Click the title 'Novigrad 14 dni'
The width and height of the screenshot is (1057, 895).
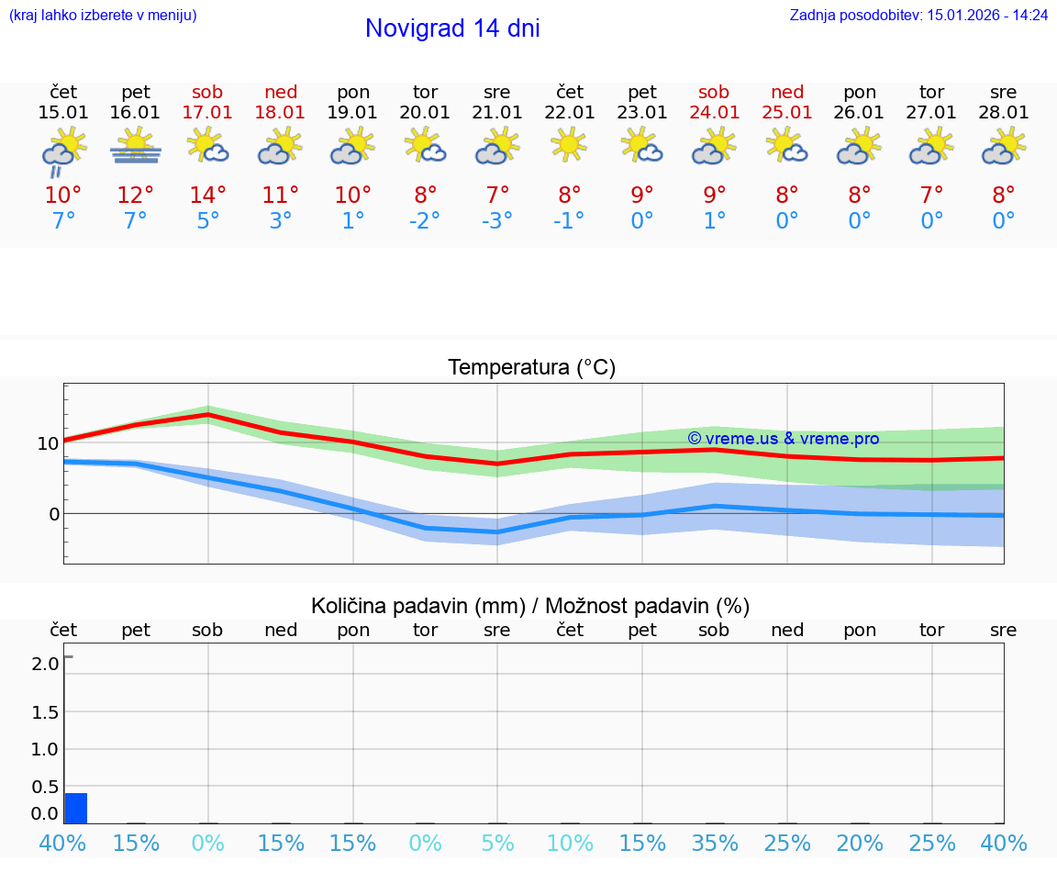(x=452, y=28)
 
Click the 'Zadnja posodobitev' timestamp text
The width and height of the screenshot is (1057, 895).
(x=918, y=16)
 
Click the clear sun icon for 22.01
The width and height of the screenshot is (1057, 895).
(x=570, y=145)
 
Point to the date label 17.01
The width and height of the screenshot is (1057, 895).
(x=207, y=113)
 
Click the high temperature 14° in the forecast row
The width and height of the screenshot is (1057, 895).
(x=207, y=196)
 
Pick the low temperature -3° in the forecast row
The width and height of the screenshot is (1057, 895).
(x=497, y=221)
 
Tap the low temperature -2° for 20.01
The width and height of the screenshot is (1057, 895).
(x=425, y=221)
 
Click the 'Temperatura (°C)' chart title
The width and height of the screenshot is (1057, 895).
(x=531, y=368)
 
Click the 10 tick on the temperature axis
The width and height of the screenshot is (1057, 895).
(x=48, y=443)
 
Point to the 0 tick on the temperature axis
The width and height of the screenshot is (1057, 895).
(x=54, y=514)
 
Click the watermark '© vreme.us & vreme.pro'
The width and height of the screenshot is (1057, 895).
(x=783, y=439)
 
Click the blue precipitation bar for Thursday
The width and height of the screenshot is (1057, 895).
(x=76, y=809)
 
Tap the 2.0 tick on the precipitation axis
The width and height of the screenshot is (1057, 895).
(x=45, y=664)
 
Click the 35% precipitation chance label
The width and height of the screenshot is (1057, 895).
(x=715, y=844)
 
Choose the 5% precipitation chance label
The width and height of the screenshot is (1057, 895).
(x=497, y=844)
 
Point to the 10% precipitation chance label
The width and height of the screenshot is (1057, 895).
(x=570, y=844)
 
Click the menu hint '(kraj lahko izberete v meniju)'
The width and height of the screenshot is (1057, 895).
(x=103, y=16)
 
